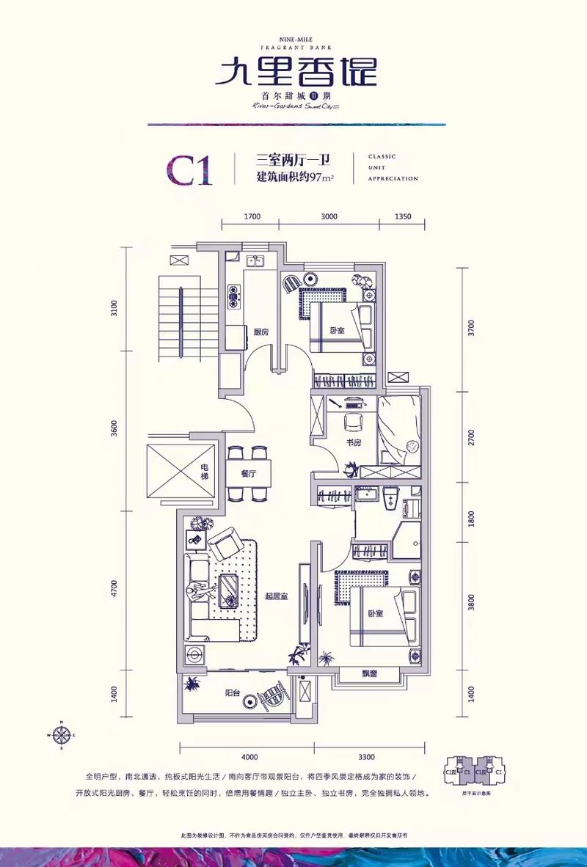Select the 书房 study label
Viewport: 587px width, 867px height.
pyautogui.click(x=354, y=443)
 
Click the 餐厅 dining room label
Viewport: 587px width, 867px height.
pyautogui.click(x=247, y=474)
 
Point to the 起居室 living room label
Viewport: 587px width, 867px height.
pyautogui.click(x=276, y=597)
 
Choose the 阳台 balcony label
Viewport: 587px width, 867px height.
pyautogui.click(x=233, y=692)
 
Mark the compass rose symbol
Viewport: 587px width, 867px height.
pyautogui.click(x=62, y=734)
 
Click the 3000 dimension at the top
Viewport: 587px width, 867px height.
pyautogui.click(x=329, y=216)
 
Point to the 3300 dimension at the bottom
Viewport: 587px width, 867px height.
pyautogui.click(x=367, y=756)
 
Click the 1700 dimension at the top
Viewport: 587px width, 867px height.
pyautogui.click(x=252, y=216)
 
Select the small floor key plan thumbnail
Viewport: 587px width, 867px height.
pyautogui.click(x=473, y=772)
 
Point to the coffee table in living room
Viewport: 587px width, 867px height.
pyautogui.click(x=229, y=588)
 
